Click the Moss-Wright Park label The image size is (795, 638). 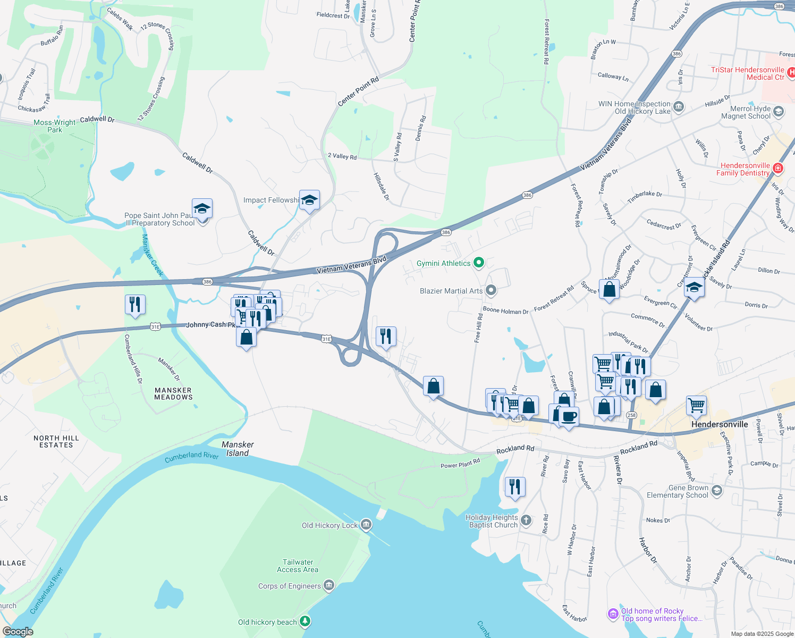pyautogui.click(x=55, y=126)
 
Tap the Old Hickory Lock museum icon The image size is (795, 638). pyautogui.click(x=366, y=525)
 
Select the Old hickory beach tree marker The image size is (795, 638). pyautogui.click(x=305, y=621)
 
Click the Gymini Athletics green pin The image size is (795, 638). pyautogui.click(x=479, y=263)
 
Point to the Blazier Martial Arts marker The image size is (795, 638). pyautogui.click(x=491, y=290)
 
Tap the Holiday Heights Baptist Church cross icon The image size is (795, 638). pyautogui.click(x=526, y=521)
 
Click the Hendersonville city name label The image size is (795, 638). pyautogui.click(x=720, y=424)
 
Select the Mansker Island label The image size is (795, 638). pyautogui.click(x=238, y=449)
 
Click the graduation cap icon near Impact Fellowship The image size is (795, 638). pyautogui.click(x=309, y=200)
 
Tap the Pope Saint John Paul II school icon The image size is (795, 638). pyautogui.click(x=202, y=209)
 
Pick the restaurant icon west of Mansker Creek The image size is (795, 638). pyautogui.click(x=135, y=305)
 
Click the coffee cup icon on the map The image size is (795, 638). pyautogui.click(x=569, y=417)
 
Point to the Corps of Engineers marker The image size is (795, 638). pyautogui.click(x=329, y=586)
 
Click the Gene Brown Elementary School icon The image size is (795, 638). pyautogui.click(x=717, y=491)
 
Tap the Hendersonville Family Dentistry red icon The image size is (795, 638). pyautogui.click(x=778, y=169)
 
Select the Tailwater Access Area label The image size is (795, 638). pyautogui.click(x=298, y=566)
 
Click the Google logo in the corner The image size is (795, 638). pyautogui.click(x=18, y=632)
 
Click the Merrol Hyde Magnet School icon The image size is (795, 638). pyautogui.click(x=779, y=112)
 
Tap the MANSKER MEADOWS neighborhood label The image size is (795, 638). pyautogui.click(x=173, y=393)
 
